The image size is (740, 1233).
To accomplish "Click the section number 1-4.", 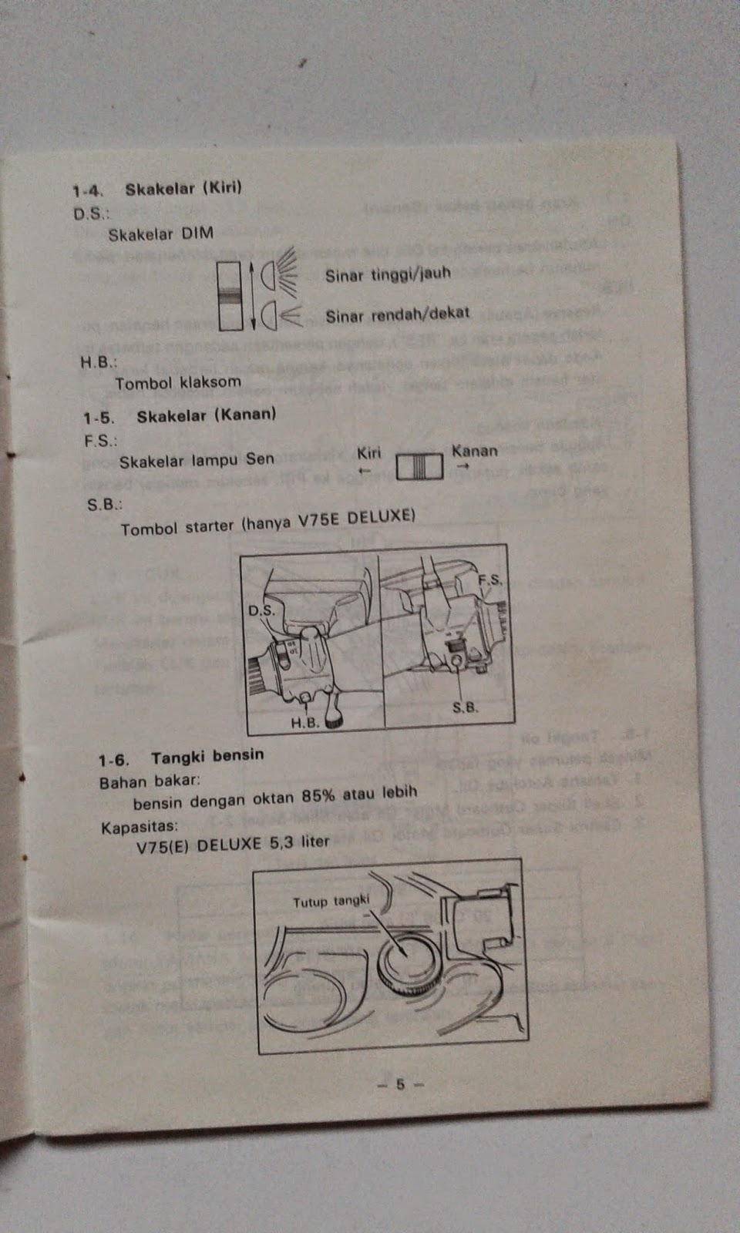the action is pyautogui.click(x=88, y=190).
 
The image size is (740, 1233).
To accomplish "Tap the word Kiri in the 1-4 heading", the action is pyautogui.click(x=222, y=187).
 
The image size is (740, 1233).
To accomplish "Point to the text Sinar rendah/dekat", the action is pyautogui.click(x=397, y=314).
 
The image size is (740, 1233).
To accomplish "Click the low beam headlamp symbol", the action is pyautogui.click(x=279, y=314).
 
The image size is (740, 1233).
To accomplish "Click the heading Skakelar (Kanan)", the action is pyautogui.click(x=206, y=415).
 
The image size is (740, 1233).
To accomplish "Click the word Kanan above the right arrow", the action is pyautogui.click(x=474, y=451).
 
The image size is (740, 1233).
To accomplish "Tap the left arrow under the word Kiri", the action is pyautogui.click(x=365, y=470).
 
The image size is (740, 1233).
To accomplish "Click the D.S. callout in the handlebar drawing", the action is pyautogui.click(x=261, y=610).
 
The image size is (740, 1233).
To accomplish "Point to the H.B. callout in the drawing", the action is pyautogui.click(x=304, y=723).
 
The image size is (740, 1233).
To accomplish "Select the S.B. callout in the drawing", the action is pyautogui.click(x=465, y=707).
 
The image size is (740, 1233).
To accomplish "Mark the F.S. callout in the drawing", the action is pyautogui.click(x=489, y=580).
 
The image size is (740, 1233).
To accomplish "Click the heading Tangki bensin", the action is pyautogui.click(x=207, y=756).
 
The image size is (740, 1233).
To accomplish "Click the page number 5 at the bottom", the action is pyautogui.click(x=400, y=1083).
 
